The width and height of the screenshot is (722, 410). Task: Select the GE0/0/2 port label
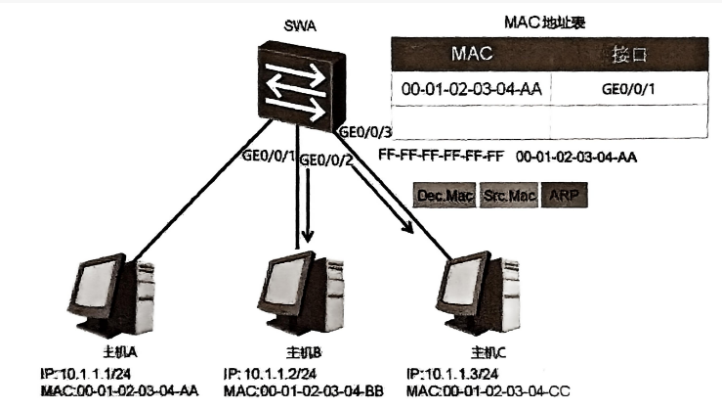pyautogui.click(x=325, y=159)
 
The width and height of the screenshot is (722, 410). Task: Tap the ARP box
pyautogui.click(x=564, y=196)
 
